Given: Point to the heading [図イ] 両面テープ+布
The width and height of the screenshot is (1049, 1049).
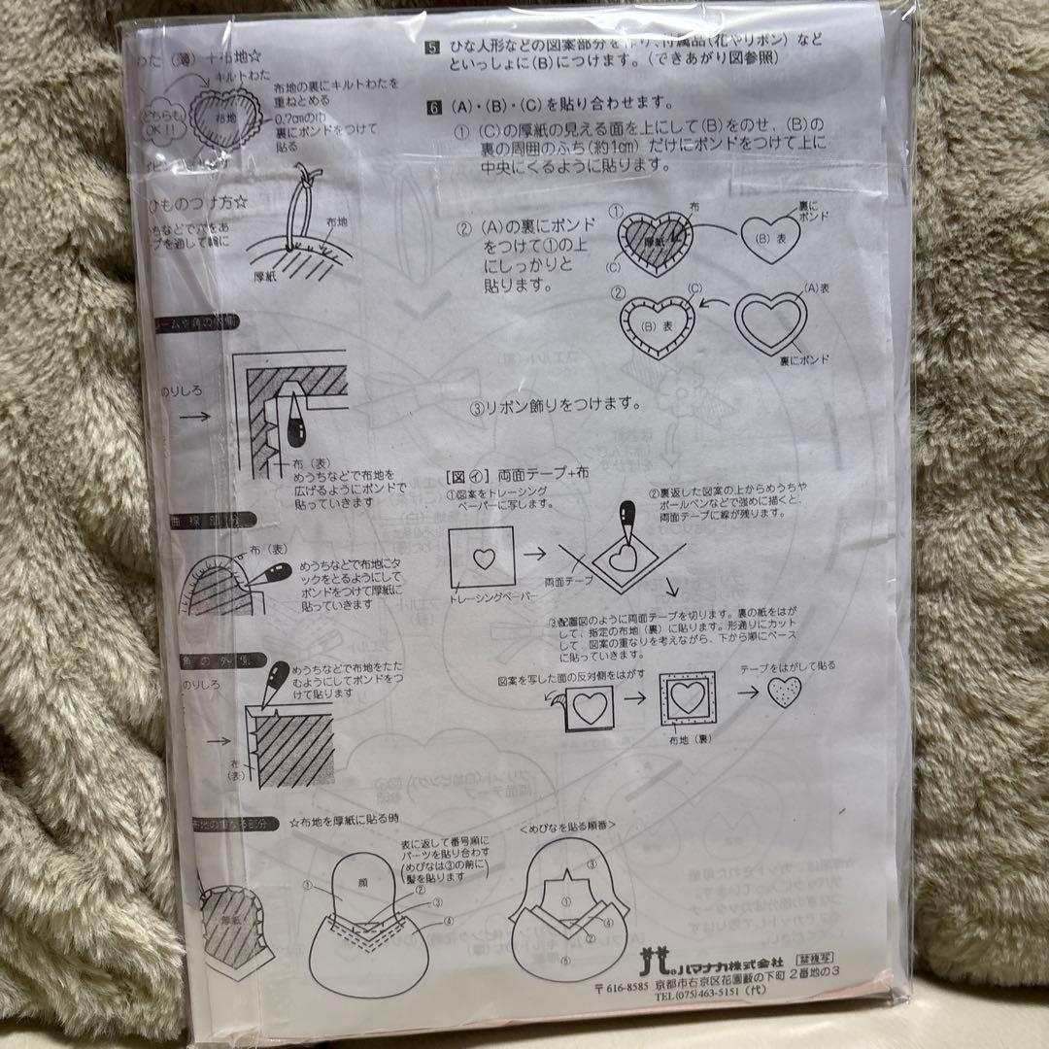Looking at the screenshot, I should (x=510, y=478).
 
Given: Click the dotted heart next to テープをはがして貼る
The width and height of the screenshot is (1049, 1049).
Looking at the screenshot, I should (x=784, y=693).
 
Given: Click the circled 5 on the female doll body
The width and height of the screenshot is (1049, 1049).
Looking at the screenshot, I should (x=566, y=962).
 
